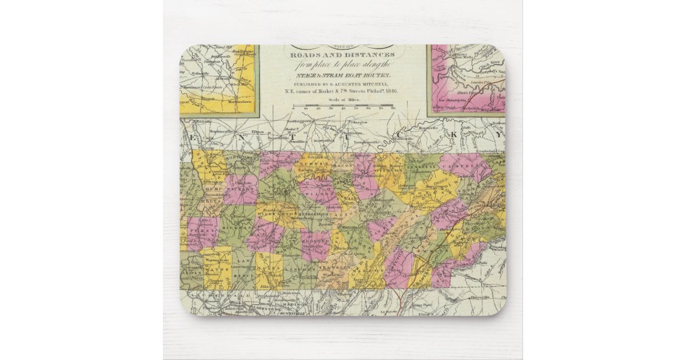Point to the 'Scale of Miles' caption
tap(342, 99)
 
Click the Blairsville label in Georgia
tap(476, 298)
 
